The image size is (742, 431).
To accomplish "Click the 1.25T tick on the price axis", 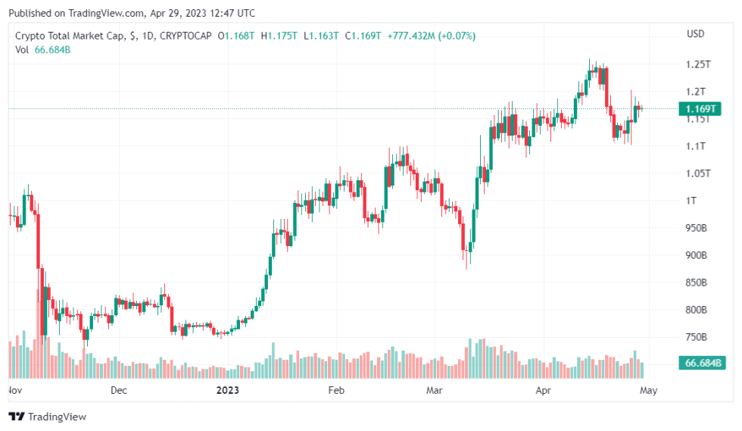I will (697, 64).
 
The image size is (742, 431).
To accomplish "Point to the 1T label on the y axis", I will (691, 201).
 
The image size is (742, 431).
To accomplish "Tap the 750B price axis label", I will (696, 337).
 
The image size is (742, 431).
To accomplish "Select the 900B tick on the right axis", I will (696, 255).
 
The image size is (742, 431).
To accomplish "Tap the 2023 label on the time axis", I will (227, 391).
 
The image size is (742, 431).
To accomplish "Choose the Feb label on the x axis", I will (335, 391).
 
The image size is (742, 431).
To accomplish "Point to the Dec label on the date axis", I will (118, 391).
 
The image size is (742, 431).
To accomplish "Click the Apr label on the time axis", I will (543, 391).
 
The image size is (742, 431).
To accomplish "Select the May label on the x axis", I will (648, 391).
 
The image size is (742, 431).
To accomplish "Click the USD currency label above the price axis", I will (695, 34).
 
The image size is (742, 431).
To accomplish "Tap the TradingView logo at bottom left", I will (47, 417).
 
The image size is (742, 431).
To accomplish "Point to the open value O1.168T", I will (236, 36).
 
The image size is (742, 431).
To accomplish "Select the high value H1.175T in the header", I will (279, 36).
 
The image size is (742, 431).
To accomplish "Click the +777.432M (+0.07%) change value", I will (431, 36).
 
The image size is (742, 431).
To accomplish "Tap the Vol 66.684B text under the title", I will (43, 49).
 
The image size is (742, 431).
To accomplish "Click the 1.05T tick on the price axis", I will (697, 173).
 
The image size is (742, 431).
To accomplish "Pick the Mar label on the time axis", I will (434, 391).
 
